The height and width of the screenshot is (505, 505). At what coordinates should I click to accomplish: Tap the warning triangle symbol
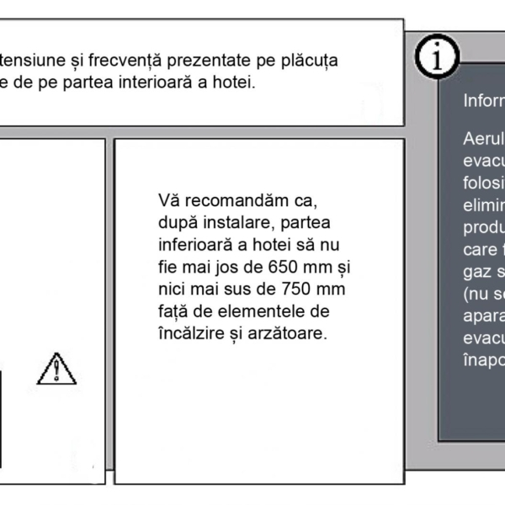(56, 368)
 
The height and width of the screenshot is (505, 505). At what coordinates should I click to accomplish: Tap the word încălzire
(189, 334)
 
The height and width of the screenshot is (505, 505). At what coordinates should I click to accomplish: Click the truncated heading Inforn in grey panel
(483, 101)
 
